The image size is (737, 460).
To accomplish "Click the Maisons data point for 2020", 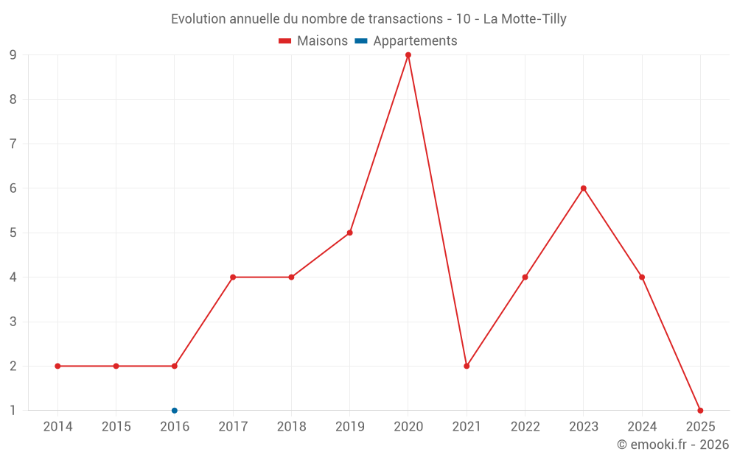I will point(408,55).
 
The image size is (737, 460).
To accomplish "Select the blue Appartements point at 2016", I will point(175,411).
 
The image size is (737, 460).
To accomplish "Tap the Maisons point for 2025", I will point(700,411).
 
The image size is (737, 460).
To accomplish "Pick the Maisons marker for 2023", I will point(584,188).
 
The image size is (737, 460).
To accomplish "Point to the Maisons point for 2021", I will point(467,366).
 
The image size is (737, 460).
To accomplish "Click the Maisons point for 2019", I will point(350,233).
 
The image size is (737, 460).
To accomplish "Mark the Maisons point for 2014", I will point(57,366).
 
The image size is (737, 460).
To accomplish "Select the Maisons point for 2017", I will point(233,277).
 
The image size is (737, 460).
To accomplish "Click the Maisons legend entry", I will point(313,41).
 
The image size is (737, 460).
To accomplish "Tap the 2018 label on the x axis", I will point(291,427).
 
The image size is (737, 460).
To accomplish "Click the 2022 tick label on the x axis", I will point(525,427).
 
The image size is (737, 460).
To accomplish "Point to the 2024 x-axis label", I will point(642,427).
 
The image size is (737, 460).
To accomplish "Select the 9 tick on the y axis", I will point(13,55).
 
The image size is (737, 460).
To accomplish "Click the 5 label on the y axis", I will point(13,233).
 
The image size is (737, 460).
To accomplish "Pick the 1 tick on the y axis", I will point(13,411).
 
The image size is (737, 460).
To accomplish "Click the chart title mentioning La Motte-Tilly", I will point(368,19).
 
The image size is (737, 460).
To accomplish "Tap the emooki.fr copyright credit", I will point(672,445).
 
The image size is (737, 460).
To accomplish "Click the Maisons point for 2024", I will point(642,277).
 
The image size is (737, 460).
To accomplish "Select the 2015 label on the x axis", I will point(116,427).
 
